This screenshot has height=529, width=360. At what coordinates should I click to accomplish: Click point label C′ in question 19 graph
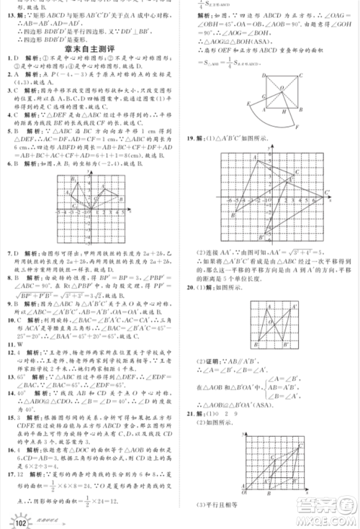click(325, 191)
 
